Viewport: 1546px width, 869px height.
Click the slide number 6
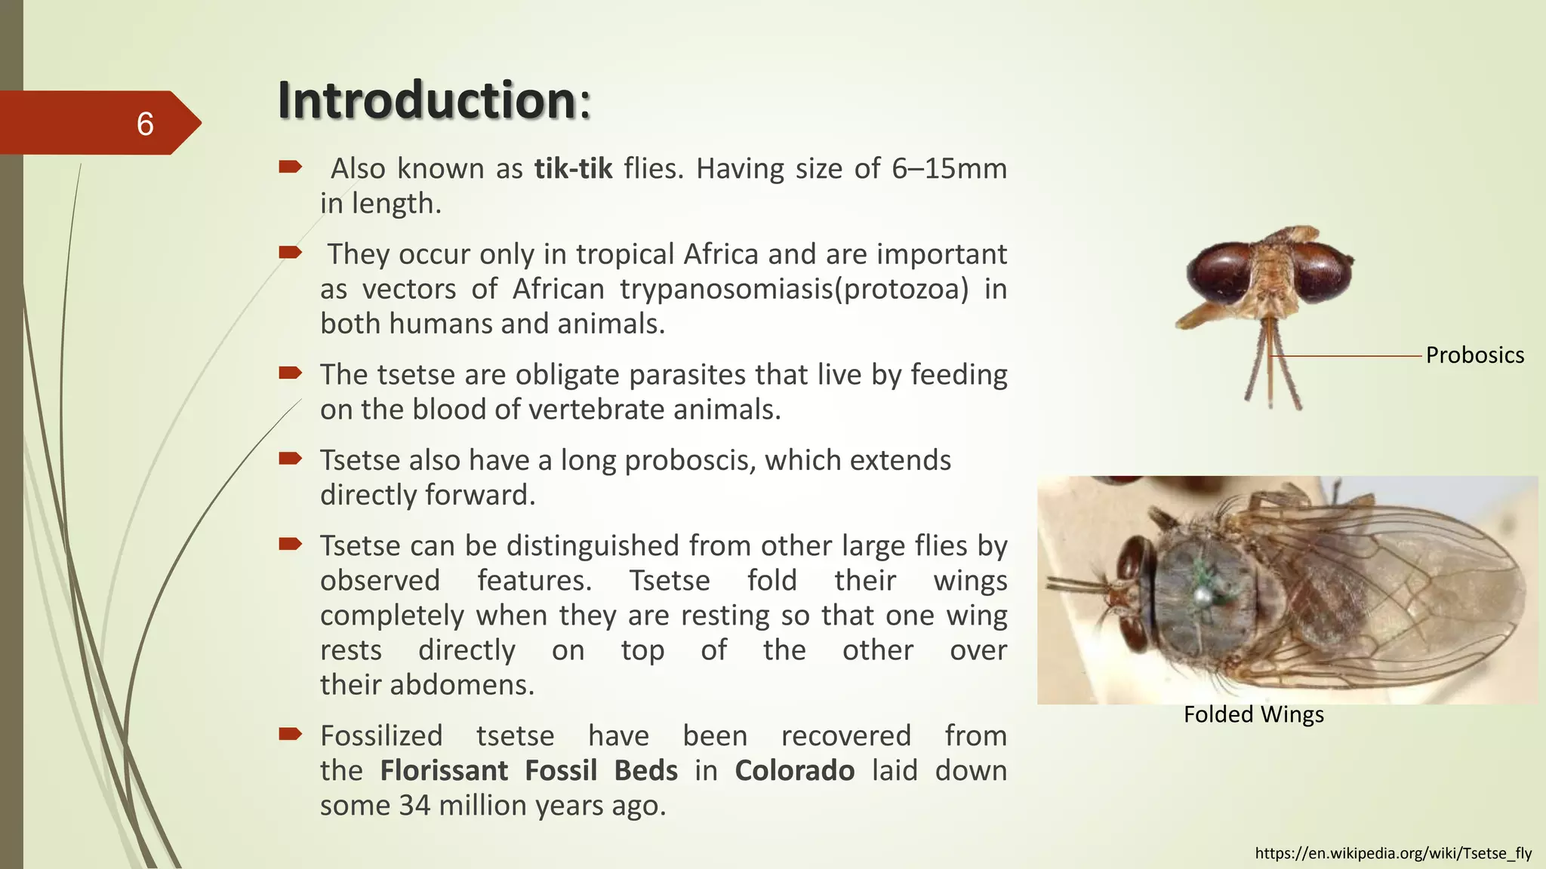pyautogui.click(x=145, y=124)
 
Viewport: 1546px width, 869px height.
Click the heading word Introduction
pyautogui.click(x=427, y=100)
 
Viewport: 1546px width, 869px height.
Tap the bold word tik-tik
pyautogui.click(x=573, y=168)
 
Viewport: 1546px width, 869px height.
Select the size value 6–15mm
pyautogui.click(x=949, y=168)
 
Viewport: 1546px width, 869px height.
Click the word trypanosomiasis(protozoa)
pyautogui.click(x=794, y=289)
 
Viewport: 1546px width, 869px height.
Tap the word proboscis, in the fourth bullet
pyautogui.click(x=690, y=460)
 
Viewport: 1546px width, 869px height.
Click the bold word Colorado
pyautogui.click(x=794, y=770)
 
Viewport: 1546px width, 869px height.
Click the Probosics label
pyautogui.click(x=1474, y=355)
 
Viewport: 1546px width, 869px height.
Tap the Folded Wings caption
pyautogui.click(x=1253, y=714)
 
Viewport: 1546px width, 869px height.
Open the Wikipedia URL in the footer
pyautogui.click(x=1393, y=853)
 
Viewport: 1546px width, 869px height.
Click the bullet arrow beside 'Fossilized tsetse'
pyautogui.click(x=290, y=734)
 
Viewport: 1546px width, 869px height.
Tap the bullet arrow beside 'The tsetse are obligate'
pyautogui.click(x=290, y=373)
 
